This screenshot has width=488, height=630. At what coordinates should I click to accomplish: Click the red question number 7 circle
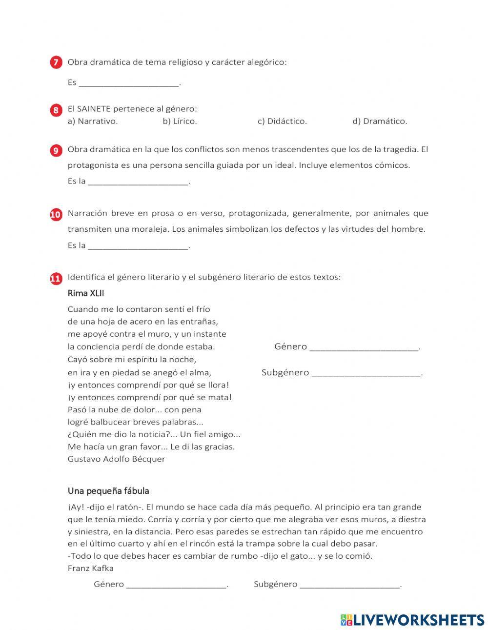click(56, 62)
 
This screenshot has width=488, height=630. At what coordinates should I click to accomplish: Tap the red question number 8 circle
click(56, 110)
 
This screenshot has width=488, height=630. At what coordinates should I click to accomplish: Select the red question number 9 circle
click(56, 150)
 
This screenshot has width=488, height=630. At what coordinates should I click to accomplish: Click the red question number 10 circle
click(56, 214)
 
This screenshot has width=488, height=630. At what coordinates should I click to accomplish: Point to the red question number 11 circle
click(56, 278)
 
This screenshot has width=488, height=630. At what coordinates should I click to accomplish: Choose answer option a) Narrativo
click(93, 122)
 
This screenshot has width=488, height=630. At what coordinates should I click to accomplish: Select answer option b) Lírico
click(180, 122)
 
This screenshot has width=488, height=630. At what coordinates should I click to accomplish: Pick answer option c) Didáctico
click(282, 122)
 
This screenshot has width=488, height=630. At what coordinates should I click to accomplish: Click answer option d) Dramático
click(380, 122)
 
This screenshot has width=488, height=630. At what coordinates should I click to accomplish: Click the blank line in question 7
click(129, 83)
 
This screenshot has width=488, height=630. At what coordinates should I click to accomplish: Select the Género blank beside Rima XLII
click(364, 347)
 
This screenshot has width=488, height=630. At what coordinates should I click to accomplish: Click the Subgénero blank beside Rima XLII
click(366, 373)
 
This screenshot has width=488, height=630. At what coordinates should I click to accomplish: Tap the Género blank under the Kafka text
click(176, 584)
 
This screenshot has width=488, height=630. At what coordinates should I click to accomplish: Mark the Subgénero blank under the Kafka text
click(350, 584)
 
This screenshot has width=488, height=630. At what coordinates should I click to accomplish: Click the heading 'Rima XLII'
click(86, 293)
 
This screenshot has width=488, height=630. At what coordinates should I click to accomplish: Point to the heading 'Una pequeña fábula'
click(108, 491)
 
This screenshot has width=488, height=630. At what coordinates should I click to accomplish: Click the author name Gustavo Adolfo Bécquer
click(116, 459)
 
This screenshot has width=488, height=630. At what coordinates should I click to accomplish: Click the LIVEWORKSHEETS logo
click(412, 619)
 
